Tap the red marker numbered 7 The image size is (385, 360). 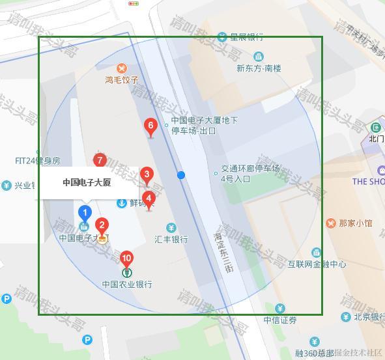(x=100, y=161)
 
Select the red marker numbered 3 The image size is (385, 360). (x=147, y=175)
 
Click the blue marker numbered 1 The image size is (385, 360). (x=84, y=213)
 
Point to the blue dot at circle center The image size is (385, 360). (x=181, y=175)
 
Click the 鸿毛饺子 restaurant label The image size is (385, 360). (x=122, y=80)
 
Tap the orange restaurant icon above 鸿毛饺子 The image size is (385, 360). (x=122, y=68)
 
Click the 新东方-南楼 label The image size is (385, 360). (x=259, y=68)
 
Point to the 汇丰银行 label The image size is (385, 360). (x=171, y=239)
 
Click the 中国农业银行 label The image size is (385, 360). (x=127, y=284)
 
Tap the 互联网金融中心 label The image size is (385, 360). (x=317, y=264)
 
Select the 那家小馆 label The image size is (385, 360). (x=356, y=223)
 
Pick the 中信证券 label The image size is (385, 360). (x=280, y=320)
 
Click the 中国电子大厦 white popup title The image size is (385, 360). (x=87, y=182)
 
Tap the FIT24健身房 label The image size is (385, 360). (x=38, y=160)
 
